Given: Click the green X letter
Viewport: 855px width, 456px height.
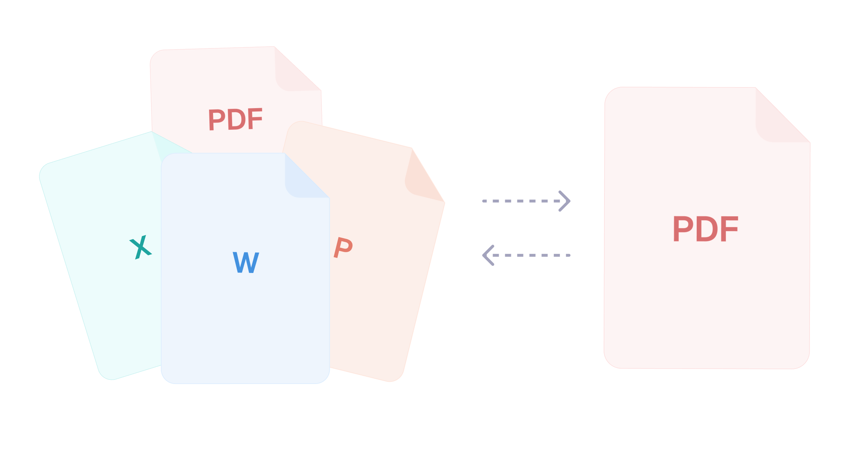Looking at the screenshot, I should (x=141, y=247).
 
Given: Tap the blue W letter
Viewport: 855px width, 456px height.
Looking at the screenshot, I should (x=246, y=263).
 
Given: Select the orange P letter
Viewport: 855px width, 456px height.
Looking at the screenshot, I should (x=343, y=248).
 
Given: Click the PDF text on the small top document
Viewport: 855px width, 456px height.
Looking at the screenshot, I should (x=236, y=119).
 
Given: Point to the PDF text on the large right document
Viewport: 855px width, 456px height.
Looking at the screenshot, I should (x=705, y=229).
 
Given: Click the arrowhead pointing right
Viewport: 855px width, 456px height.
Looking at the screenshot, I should (x=565, y=201).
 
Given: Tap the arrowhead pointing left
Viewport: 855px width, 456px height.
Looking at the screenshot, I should (x=488, y=255).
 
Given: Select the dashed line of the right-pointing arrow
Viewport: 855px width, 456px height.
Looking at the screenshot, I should (x=519, y=201).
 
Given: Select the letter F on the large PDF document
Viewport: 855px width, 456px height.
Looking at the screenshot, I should (x=728, y=229).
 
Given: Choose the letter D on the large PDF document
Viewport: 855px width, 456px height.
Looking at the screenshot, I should (x=705, y=229).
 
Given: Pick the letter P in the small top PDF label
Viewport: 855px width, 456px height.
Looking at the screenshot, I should (x=217, y=120).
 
